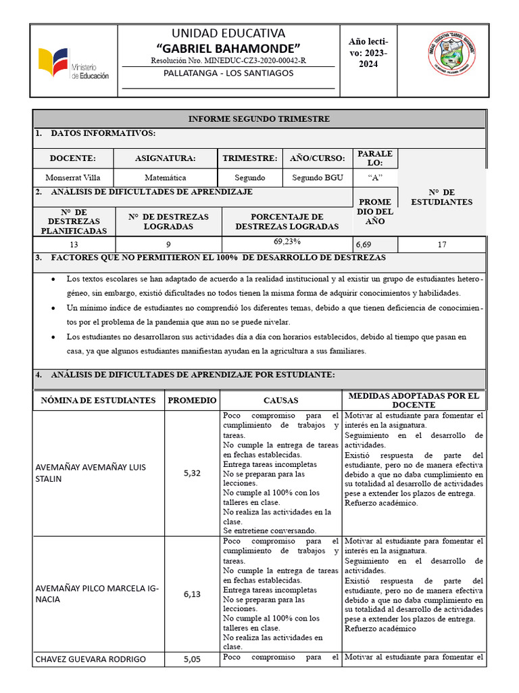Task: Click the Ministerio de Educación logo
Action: click(74, 64)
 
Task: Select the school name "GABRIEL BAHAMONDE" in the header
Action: click(228, 49)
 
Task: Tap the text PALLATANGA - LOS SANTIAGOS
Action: click(228, 73)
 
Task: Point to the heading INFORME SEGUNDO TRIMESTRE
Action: click(259, 118)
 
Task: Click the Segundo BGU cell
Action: click(318, 177)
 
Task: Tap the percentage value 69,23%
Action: click(287, 242)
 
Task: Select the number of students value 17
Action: click(442, 245)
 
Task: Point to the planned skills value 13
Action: click(74, 245)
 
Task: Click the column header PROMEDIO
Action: click(192, 401)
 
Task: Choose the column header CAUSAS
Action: click(280, 401)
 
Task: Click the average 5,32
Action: click(192, 474)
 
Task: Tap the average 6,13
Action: click(192, 594)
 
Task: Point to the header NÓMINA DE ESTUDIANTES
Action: click(98, 401)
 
